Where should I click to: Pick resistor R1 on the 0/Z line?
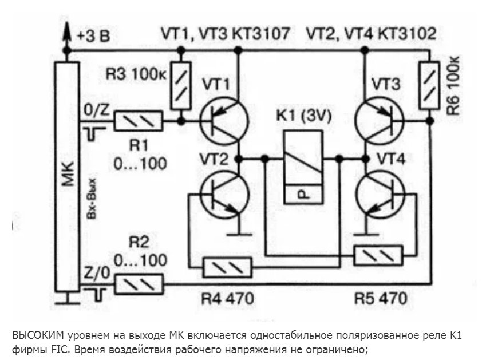click(139, 122)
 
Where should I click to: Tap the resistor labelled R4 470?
click(228, 267)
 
